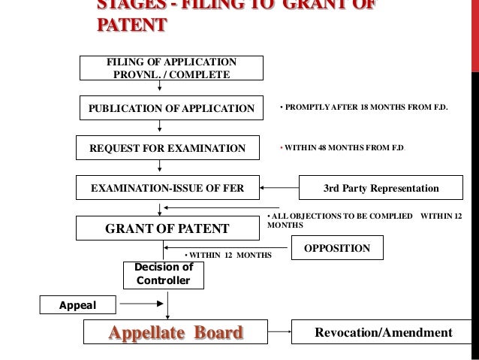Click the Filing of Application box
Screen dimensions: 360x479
(173, 68)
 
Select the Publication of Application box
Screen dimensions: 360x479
(172, 108)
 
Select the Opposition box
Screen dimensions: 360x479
(341, 247)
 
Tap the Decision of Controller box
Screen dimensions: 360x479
(163, 274)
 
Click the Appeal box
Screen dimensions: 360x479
(79, 304)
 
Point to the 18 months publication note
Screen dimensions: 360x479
(363, 108)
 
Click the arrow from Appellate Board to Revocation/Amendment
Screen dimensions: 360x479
(282, 332)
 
